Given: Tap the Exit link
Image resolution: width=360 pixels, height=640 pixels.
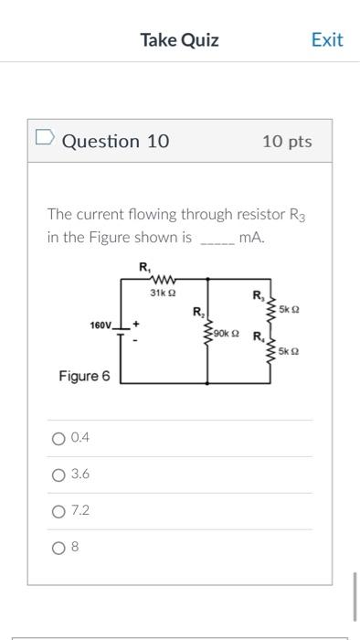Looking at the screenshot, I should point(326,39).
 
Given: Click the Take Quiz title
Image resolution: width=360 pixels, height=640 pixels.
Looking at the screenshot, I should point(179,39).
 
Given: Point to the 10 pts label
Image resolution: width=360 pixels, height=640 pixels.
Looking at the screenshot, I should point(286,141).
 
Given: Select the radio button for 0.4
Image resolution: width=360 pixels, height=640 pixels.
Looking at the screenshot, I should point(58,438).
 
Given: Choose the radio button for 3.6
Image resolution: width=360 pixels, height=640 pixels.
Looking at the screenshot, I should point(58,475).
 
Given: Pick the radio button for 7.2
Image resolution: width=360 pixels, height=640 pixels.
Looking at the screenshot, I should point(58,511).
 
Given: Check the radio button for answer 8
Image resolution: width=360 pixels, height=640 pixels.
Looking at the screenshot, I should point(58,548).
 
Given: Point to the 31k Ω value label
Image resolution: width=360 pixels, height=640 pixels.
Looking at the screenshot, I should point(162,293).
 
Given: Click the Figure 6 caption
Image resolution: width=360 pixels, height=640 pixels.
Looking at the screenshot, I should point(84,376).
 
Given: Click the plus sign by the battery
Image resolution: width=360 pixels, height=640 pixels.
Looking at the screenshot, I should point(137,324).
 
